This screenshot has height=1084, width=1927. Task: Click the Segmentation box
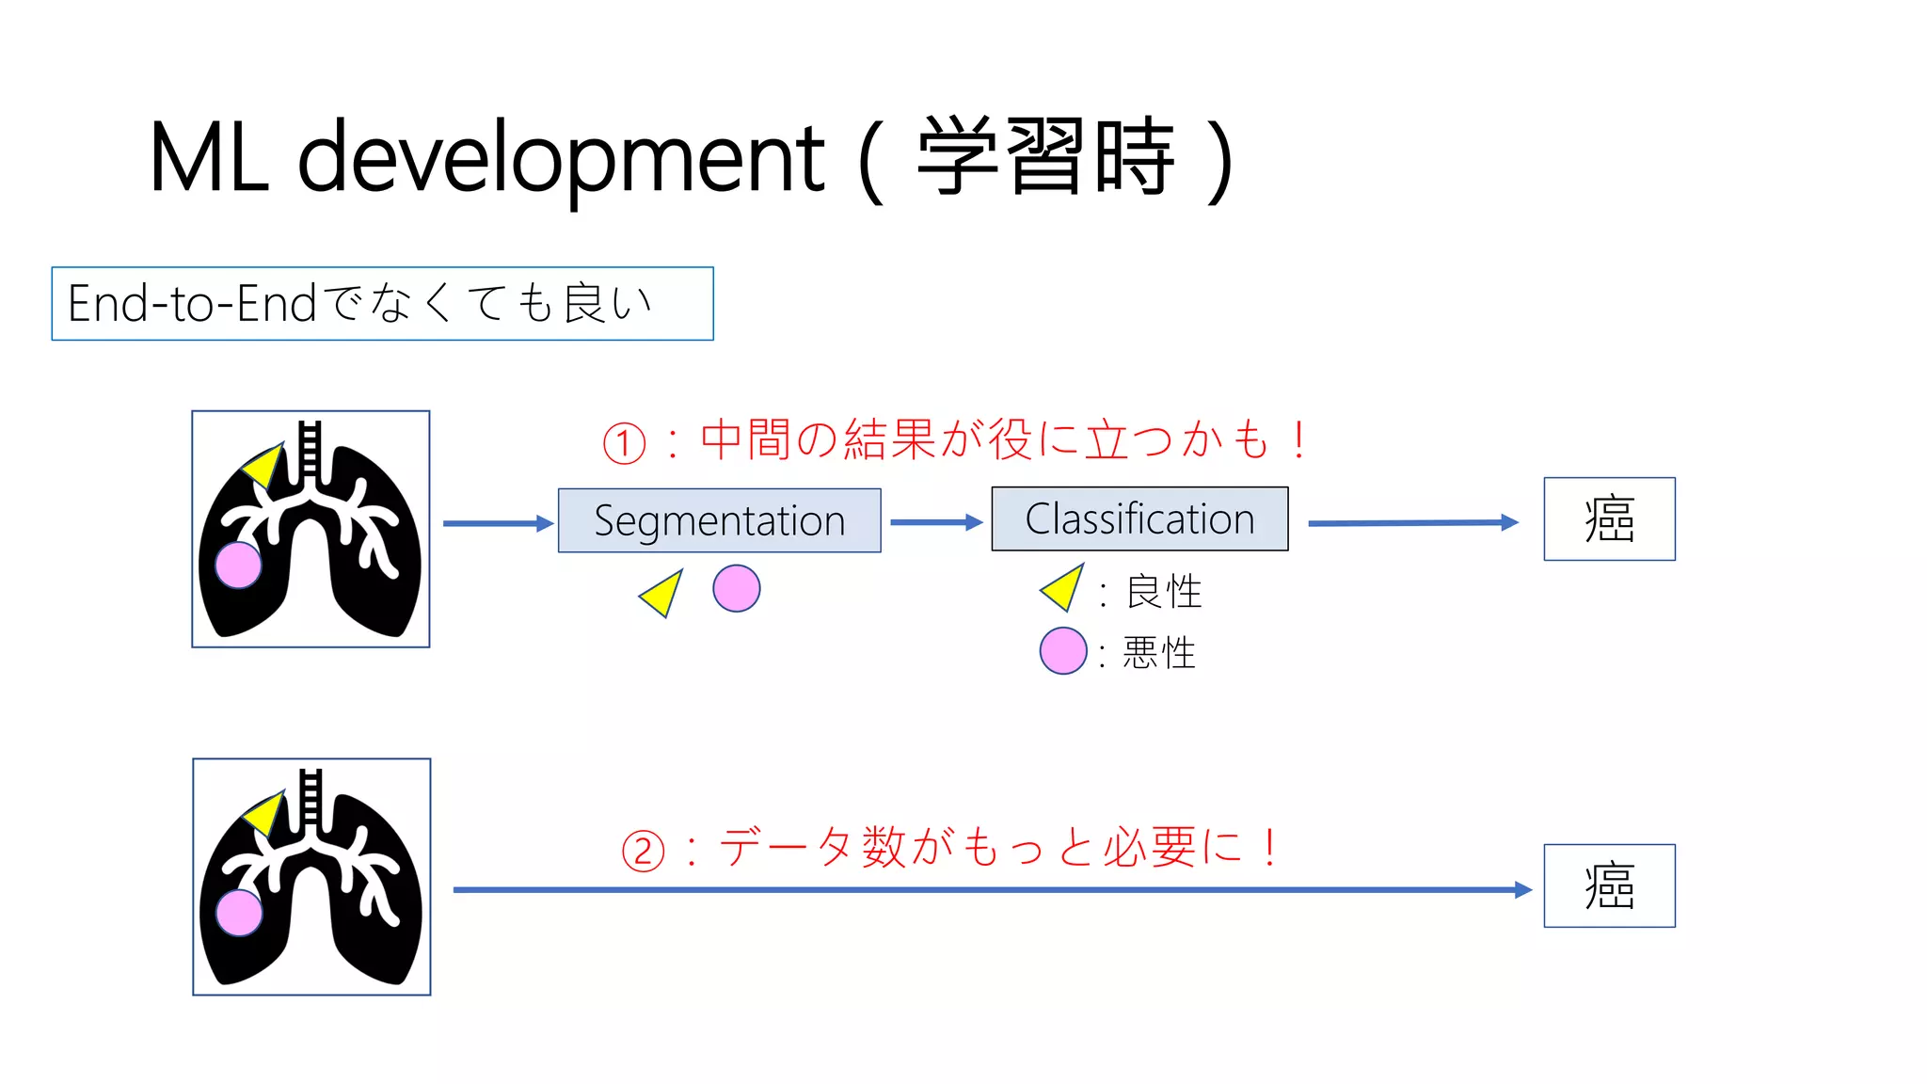tap(719, 520)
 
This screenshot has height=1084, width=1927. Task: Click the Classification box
tap(1139, 518)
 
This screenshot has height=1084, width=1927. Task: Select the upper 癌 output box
tap(1609, 519)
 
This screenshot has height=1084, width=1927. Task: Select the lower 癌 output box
tap(1609, 885)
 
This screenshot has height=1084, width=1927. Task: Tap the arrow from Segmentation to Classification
tap(935, 522)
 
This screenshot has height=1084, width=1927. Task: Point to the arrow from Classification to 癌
tap(1412, 522)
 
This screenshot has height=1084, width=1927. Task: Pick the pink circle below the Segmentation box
tap(736, 589)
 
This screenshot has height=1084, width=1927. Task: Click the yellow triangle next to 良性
tap(1064, 588)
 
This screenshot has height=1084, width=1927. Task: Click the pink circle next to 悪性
tap(1063, 651)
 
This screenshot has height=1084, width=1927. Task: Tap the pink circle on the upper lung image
tap(238, 565)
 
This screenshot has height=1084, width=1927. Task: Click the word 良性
tap(1164, 592)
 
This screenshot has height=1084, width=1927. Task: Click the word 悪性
tap(1159, 653)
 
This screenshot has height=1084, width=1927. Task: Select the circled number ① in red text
tap(625, 443)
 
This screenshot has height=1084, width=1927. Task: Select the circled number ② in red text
tap(644, 851)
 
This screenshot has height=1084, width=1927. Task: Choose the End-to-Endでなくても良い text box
tap(382, 304)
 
